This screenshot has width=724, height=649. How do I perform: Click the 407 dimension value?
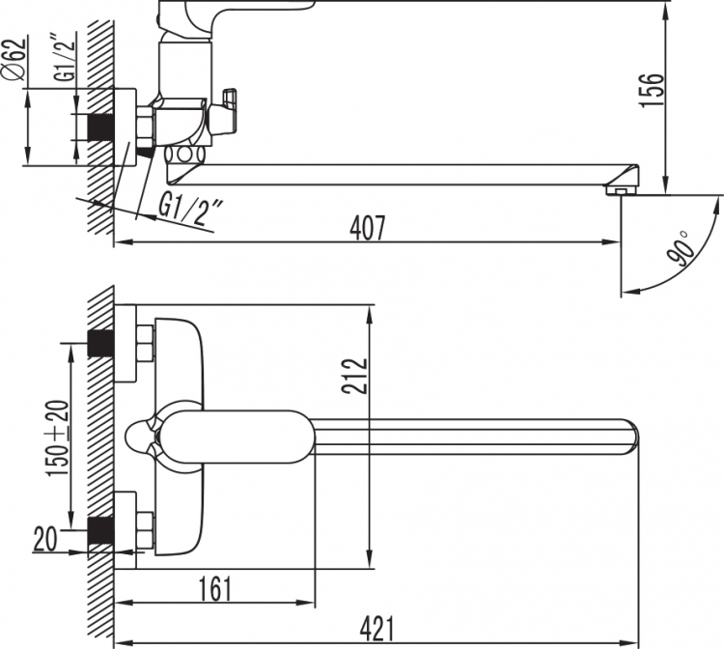click(x=367, y=228)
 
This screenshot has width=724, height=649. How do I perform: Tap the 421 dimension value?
click(x=377, y=629)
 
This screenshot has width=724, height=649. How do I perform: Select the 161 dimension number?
click(x=215, y=589)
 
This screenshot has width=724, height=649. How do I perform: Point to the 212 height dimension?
click(x=355, y=376)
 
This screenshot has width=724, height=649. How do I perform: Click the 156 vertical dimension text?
click(x=652, y=90)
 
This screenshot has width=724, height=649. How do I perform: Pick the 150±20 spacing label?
click(x=57, y=437)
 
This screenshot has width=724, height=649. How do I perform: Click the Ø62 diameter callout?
click(x=14, y=60)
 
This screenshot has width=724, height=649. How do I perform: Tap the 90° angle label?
click(x=681, y=248)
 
